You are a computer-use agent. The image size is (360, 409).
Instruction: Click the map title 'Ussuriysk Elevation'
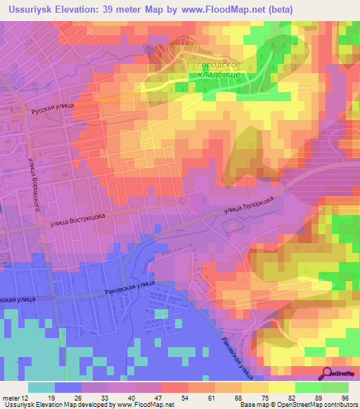(x=53, y=9)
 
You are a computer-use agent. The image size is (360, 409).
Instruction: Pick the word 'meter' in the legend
(x=11, y=398)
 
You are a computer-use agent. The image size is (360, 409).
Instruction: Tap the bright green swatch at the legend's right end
(x=335, y=387)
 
